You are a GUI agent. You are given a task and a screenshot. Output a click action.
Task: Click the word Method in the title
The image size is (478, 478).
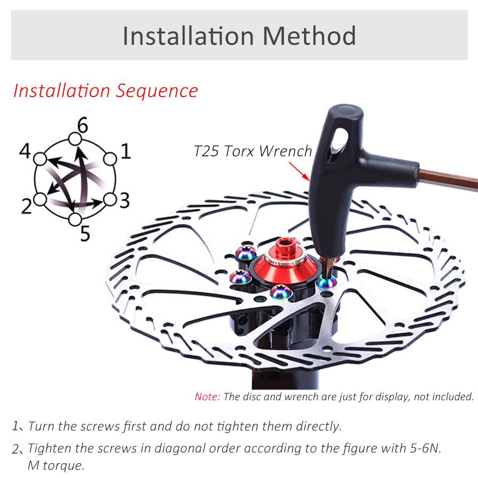[x=309, y=36]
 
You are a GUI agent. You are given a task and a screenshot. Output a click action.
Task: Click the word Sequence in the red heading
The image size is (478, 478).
[x=157, y=91]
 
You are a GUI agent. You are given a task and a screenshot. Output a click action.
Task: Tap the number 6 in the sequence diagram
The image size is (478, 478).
[x=82, y=125]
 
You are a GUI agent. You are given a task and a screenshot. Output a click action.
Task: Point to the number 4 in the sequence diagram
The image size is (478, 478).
[x=25, y=151]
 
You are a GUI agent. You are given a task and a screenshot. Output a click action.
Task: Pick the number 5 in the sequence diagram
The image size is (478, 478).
[x=86, y=234]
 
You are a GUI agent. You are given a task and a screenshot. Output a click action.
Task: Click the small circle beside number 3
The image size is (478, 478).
[x=110, y=199]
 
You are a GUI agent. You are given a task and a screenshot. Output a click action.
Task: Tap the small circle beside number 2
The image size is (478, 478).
[x=40, y=199]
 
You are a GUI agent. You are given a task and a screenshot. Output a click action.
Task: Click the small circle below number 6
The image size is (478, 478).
[x=75, y=139]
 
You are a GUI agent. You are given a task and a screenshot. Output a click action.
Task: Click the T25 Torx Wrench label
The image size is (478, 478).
[x=253, y=151]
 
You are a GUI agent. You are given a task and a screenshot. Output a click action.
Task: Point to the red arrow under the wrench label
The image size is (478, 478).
[x=299, y=171]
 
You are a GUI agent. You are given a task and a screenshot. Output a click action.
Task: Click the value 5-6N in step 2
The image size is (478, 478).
[x=424, y=448]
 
